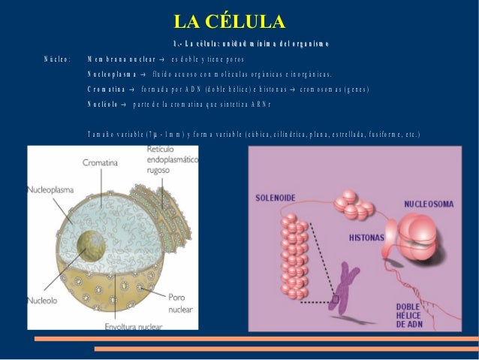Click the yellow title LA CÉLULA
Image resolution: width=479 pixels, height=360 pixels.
click(228, 22)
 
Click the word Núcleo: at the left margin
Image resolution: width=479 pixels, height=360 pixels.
click(57, 59)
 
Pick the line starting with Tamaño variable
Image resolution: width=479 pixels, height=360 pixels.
click(253, 135)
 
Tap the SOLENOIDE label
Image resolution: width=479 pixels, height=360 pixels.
click(276, 198)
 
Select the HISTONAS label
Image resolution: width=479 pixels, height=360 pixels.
click(366, 237)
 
